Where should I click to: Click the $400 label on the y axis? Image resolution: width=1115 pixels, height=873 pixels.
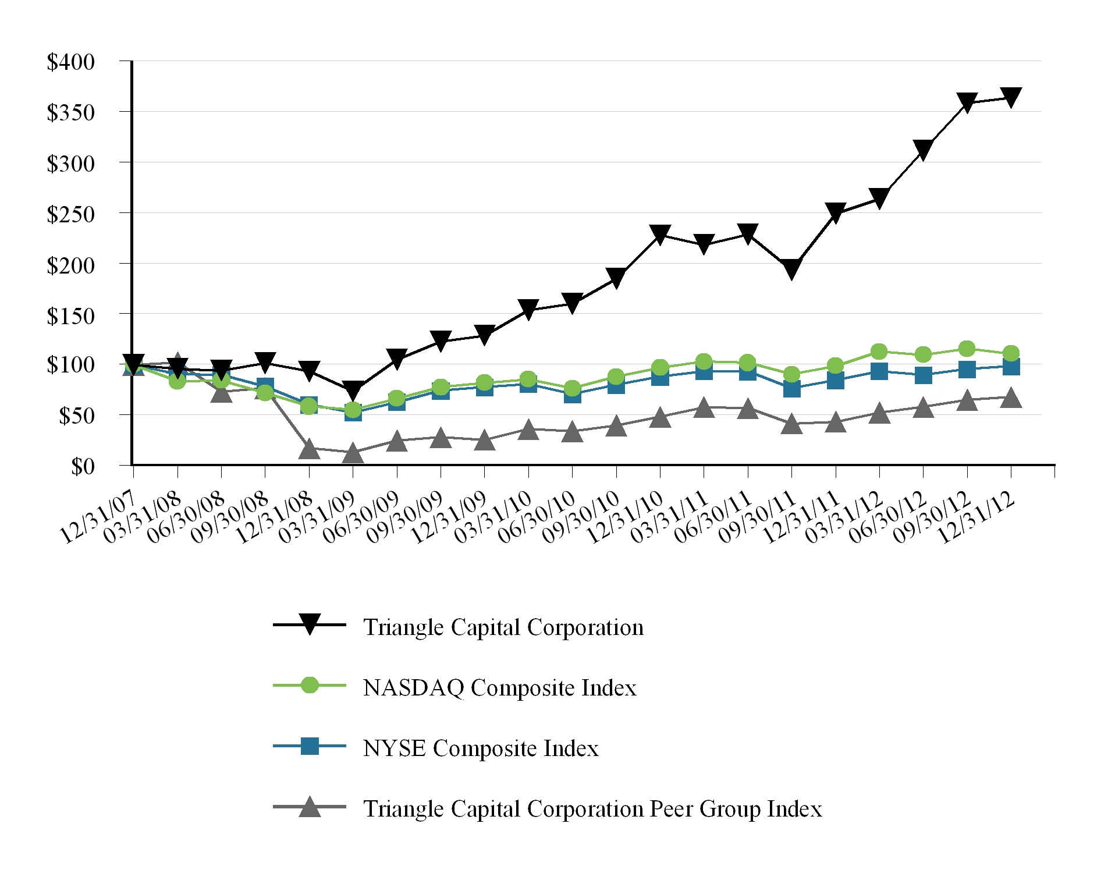pyautogui.click(x=70, y=62)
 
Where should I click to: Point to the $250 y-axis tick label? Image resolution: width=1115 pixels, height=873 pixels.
pyautogui.click(x=70, y=214)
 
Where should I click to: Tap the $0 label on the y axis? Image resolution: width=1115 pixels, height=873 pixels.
pyautogui.click(x=83, y=466)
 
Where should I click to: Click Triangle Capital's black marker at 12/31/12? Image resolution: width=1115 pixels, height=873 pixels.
pyautogui.click(x=1011, y=97)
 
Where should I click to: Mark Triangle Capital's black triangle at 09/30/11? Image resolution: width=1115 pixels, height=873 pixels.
pyautogui.click(x=791, y=269)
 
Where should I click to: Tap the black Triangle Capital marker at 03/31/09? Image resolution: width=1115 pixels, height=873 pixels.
pyautogui.click(x=353, y=389)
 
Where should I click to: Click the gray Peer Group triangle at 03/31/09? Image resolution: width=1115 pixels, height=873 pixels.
pyautogui.click(x=353, y=453)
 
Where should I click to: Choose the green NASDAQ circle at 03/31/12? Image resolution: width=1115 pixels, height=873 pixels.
pyautogui.click(x=879, y=352)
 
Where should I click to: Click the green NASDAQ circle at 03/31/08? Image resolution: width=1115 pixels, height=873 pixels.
pyautogui.click(x=177, y=381)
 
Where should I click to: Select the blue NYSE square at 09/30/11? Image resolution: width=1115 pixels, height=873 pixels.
pyautogui.click(x=791, y=389)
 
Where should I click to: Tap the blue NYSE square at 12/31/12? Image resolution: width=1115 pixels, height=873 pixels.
pyautogui.click(x=1011, y=367)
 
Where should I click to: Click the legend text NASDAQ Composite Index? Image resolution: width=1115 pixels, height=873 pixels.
pyautogui.click(x=499, y=688)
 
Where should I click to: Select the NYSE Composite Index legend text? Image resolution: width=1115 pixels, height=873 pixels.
pyautogui.click(x=481, y=748)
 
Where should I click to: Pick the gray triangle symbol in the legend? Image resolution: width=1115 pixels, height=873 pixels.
pyautogui.click(x=310, y=808)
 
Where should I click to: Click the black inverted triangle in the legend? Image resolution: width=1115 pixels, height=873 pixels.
pyautogui.click(x=310, y=624)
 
